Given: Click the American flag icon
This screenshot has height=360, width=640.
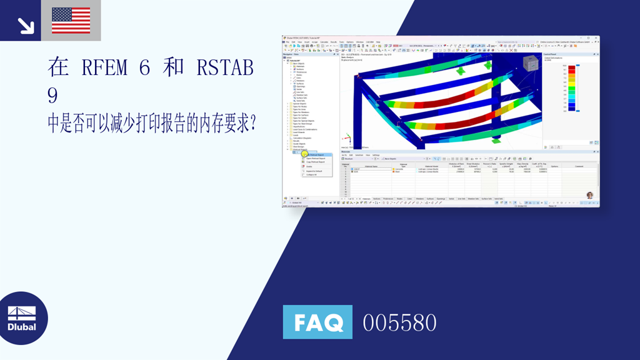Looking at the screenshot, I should [71, 20].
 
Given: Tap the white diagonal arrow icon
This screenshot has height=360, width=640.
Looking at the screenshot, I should [25, 25].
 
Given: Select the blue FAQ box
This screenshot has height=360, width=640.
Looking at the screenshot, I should [317, 322].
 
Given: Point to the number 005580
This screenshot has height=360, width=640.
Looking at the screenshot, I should [399, 323].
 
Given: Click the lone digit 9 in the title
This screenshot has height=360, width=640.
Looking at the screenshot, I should [52, 96].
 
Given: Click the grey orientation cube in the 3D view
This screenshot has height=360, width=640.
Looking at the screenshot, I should [530, 63].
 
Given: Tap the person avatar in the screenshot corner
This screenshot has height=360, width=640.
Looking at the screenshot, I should [589, 196].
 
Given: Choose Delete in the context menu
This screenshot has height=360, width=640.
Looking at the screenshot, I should [309, 166].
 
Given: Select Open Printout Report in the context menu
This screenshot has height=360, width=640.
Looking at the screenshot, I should [316, 158].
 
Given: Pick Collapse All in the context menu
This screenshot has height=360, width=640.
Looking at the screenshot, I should [311, 174].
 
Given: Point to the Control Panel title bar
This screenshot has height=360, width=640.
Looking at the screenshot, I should [552, 55].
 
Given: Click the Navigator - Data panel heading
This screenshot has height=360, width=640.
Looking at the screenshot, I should [293, 54].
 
